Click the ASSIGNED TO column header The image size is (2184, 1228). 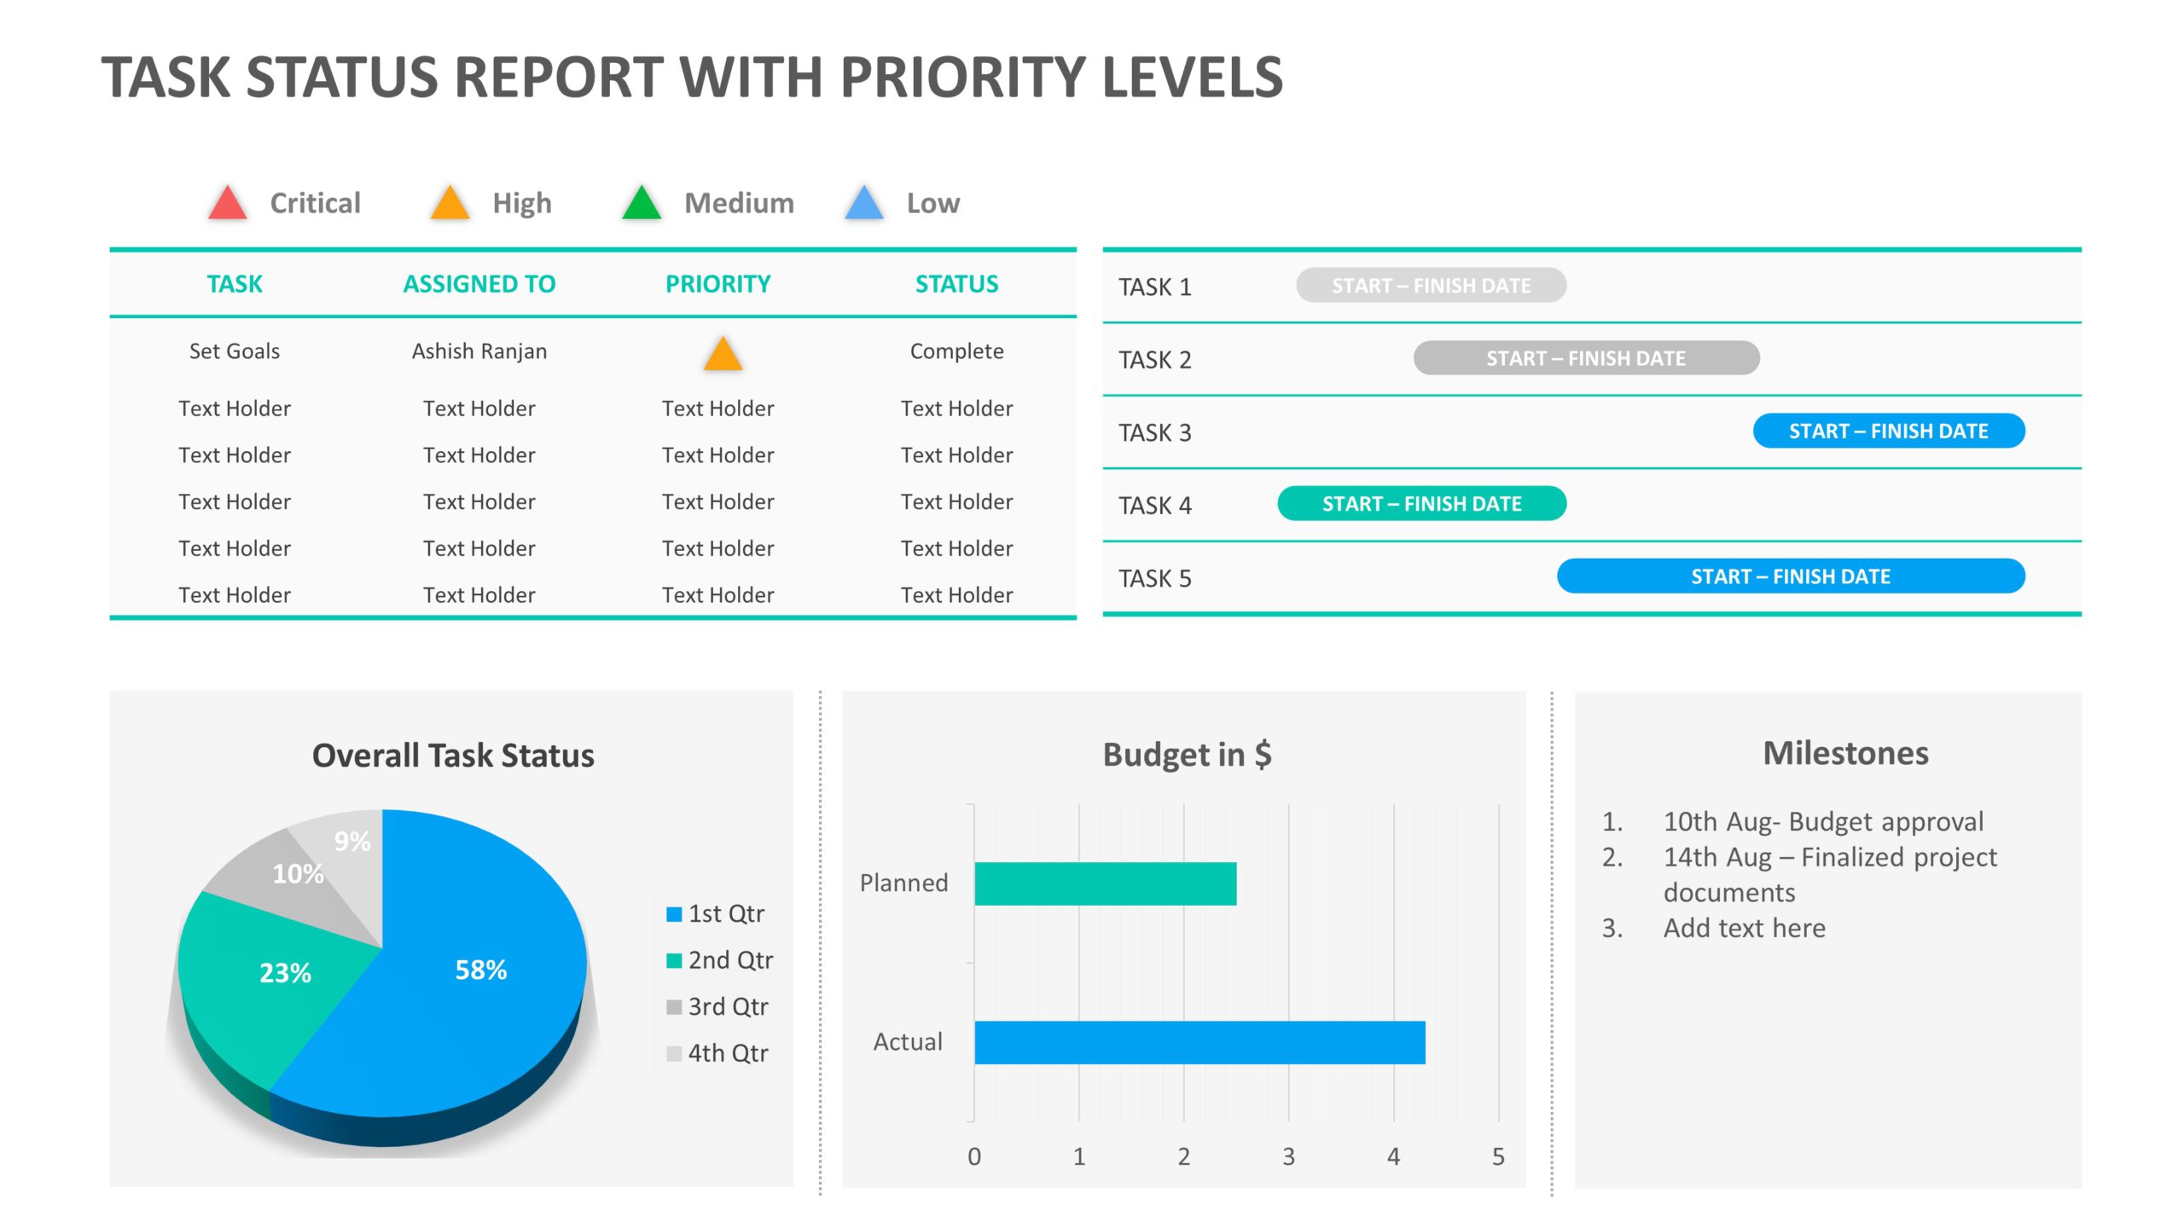pos(479,284)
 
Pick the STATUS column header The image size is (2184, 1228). pos(956,284)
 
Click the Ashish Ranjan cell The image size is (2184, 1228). pos(479,351)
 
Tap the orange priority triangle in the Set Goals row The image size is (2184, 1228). pos(723,356)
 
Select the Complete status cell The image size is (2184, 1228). pos(956,351)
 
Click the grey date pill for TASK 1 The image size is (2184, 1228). pos(1431,286)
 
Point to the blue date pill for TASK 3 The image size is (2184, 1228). pos(1888,432)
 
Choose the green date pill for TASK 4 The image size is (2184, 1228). pos(1421,504)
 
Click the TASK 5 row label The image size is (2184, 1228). pos(1154,579)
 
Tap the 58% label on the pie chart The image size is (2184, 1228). pos(480,970)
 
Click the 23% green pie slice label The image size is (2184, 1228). pos(285,973)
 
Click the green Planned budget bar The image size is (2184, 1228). pos(1105,883)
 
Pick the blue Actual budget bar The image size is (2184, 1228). pos(1199,1042)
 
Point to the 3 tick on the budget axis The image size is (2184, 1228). pos(1288,1157)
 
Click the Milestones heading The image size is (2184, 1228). pos(1845,754)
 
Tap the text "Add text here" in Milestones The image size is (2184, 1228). pos(1744,928)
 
